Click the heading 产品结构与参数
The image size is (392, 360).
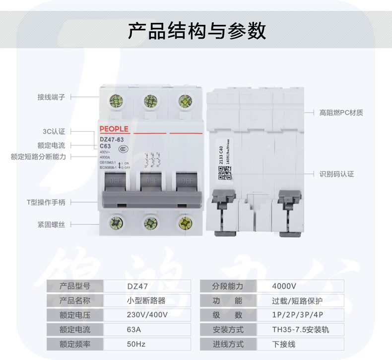[x=196, y=30]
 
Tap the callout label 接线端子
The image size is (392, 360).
[x=51, y=97]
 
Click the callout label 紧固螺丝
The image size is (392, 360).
[x=51, y=225]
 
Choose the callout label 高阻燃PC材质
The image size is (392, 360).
[x=341, y=113]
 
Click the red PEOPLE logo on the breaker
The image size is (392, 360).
[x=114, y=129]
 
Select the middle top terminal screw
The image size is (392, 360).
[x=151, y=102]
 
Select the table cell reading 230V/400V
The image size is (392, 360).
[x=147, y=315]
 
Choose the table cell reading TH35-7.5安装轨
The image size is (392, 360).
[x=300, y=329]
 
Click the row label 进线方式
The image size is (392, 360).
[x=228, y=344]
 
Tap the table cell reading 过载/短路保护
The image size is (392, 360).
[x=297, y=300]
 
